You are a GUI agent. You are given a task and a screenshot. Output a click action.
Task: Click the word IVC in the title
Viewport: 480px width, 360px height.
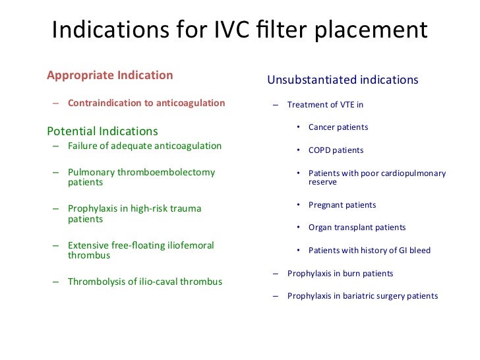click(x=224, y=31)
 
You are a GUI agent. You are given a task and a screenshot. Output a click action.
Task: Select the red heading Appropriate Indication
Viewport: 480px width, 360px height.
click(x=109, y=75)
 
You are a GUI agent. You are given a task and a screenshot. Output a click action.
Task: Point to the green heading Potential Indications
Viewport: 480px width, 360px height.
click(x=102, y=131)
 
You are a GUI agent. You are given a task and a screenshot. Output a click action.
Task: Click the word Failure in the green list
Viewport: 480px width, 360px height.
click(x=83, y=146)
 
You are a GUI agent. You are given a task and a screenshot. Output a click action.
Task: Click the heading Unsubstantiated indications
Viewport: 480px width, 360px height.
click(x=342, y=80)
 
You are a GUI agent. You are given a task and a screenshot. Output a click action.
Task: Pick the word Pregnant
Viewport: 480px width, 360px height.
click(x=326, y=205)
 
